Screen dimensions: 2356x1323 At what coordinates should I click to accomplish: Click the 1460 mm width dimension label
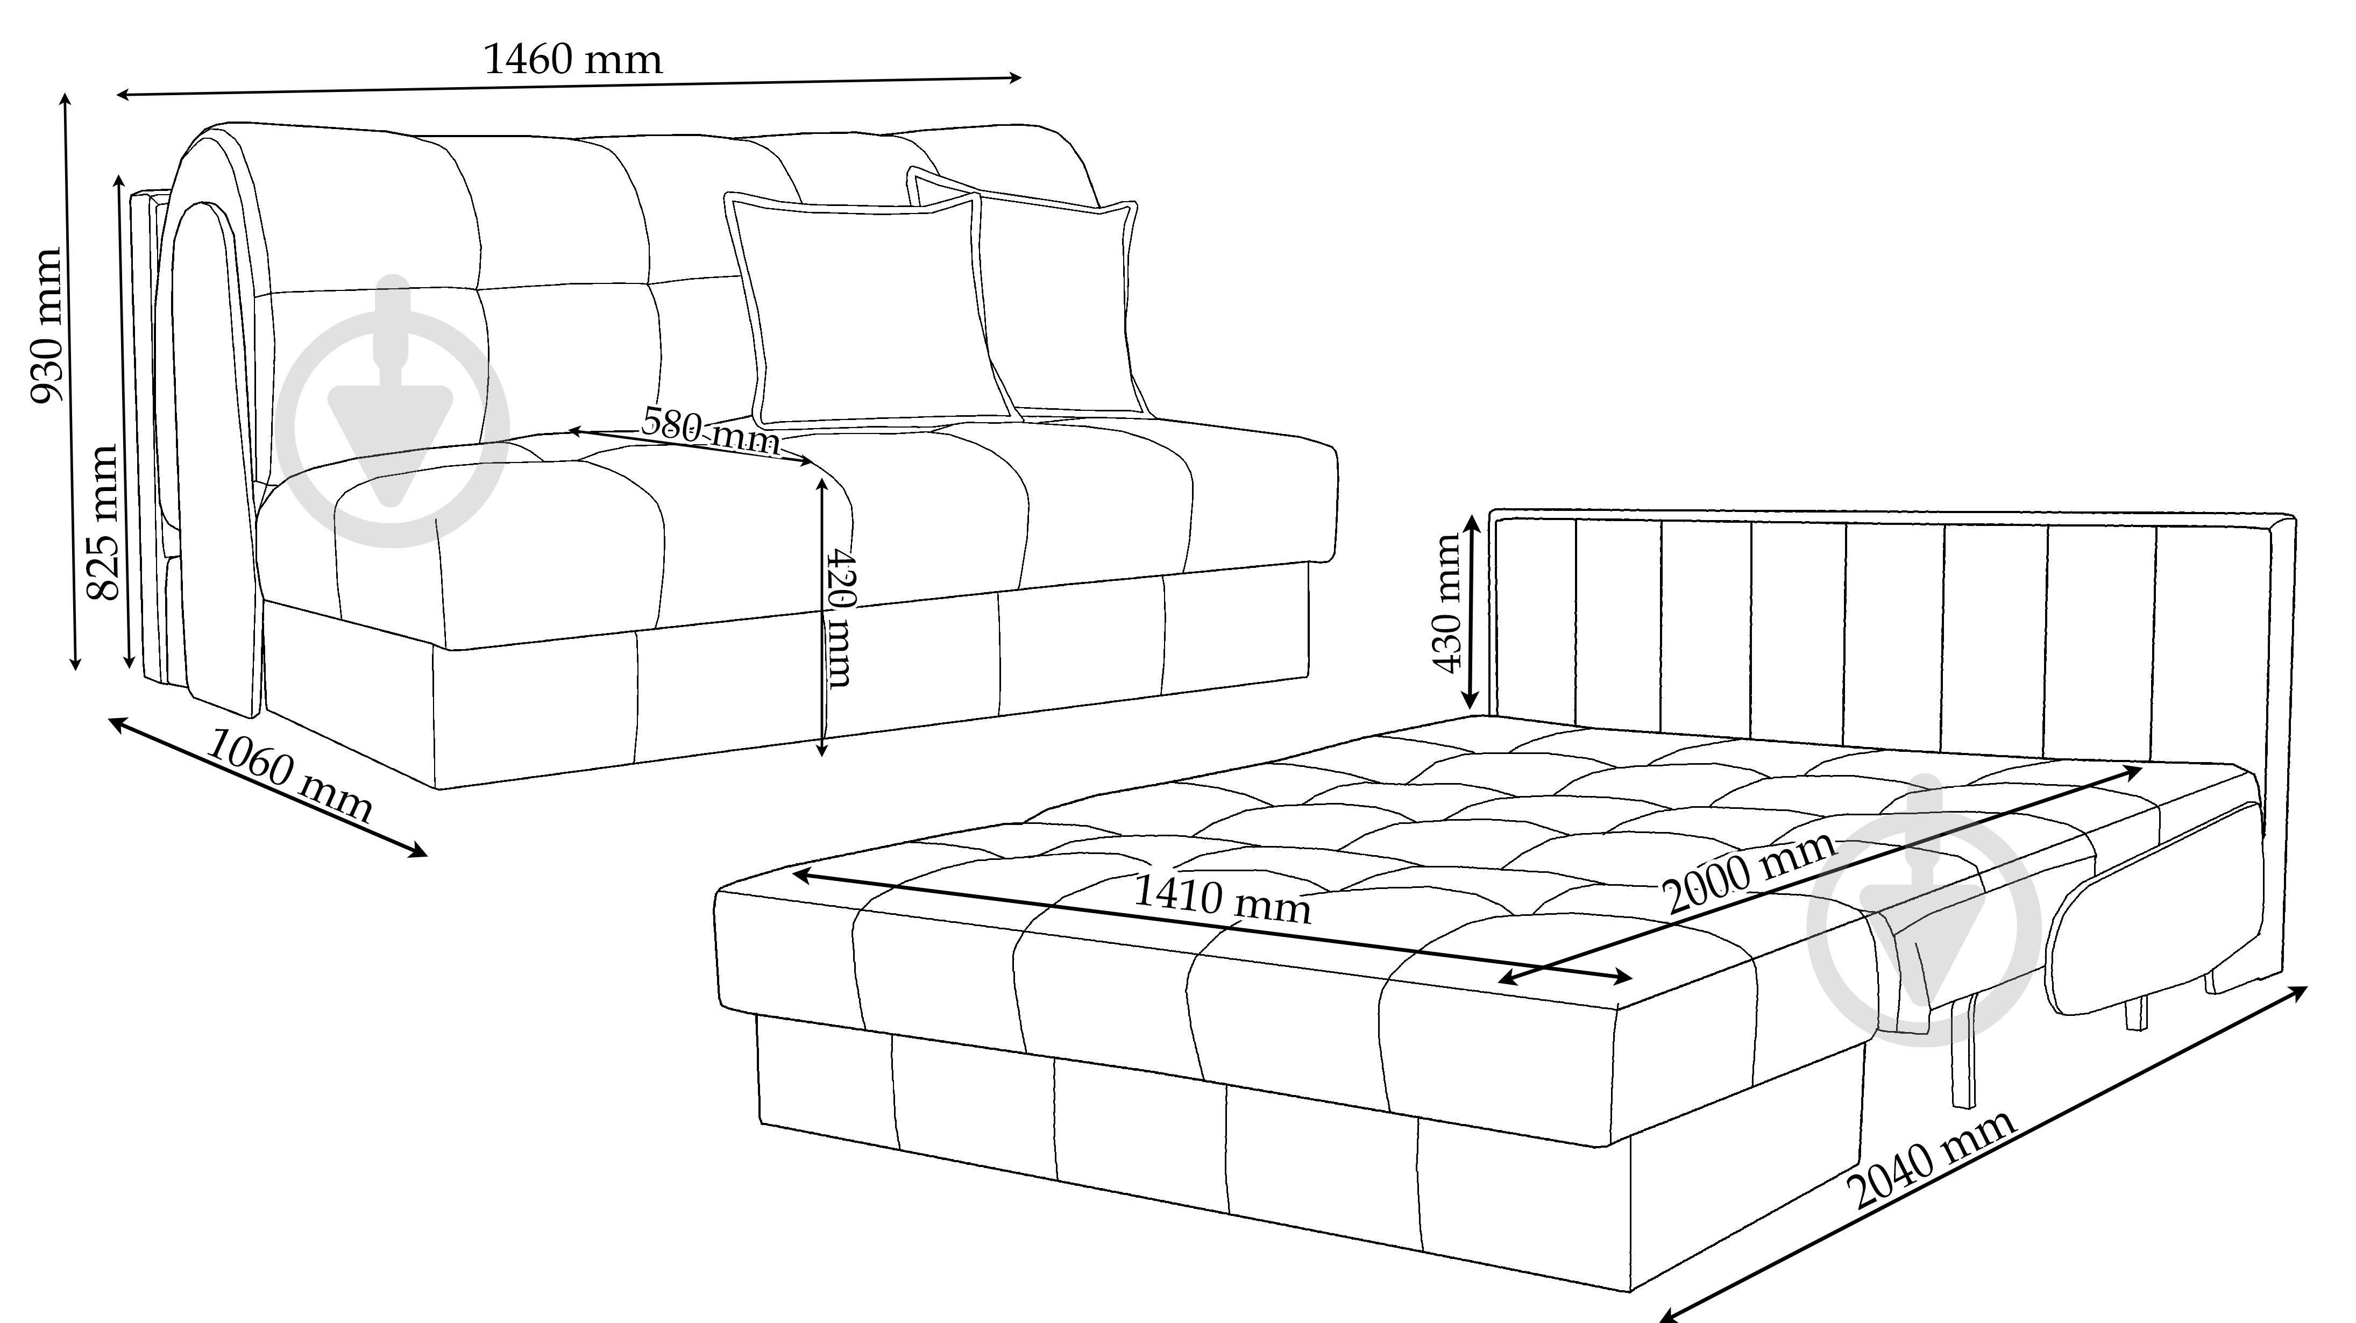point(572,60)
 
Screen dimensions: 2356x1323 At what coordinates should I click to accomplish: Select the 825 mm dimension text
point(102,522)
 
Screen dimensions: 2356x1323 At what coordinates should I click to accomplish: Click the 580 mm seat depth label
point(711,430)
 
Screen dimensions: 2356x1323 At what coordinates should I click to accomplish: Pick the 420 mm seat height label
point(839,617)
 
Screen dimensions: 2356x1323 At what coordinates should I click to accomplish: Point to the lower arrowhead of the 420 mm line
point(822,748)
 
